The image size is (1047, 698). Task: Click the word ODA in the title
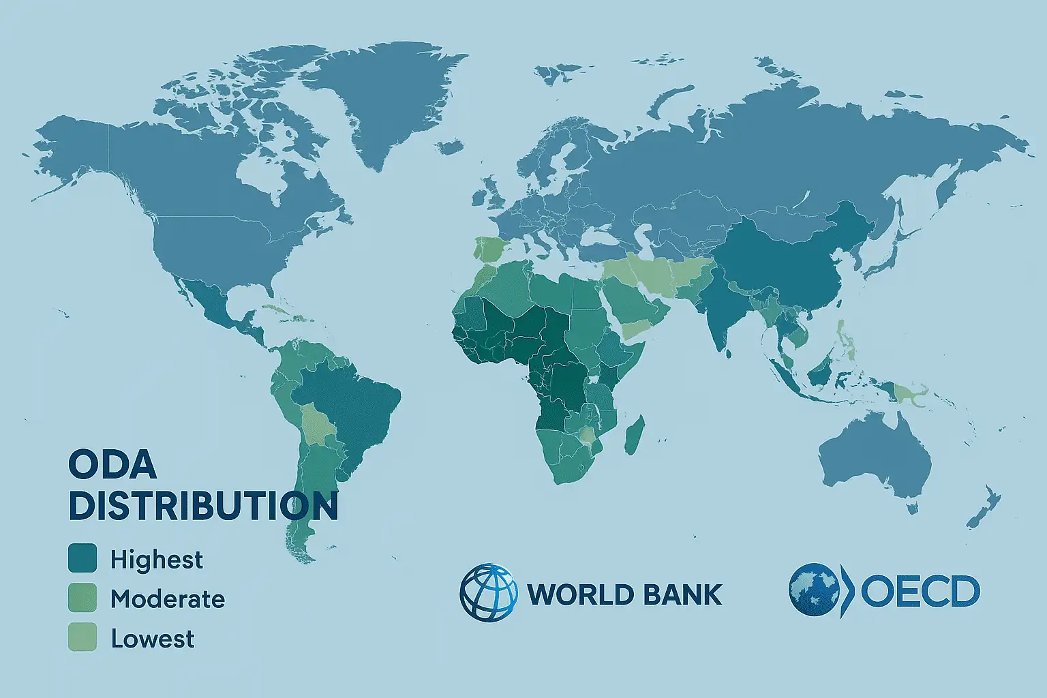(x=112, y=465)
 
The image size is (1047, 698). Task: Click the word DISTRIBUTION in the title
(x=203, y=506)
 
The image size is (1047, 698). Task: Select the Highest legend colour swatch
(x=82, y=558)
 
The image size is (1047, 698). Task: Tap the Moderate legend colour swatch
(x=82, y=598)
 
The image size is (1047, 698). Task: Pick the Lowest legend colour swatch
(x=82, y=637)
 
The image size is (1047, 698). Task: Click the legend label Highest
(x=157, y=560)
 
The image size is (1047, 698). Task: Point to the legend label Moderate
(x=168, y=599)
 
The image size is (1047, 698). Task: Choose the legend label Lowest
(x=153, y=639)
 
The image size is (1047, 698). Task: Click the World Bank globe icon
(x=489, y=593)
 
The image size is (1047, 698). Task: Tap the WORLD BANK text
(x=625, y=594)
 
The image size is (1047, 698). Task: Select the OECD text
(x=920, y=592)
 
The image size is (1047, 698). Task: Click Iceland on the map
(x=449, y=147)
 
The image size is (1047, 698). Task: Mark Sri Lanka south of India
(x=726, y=353)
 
